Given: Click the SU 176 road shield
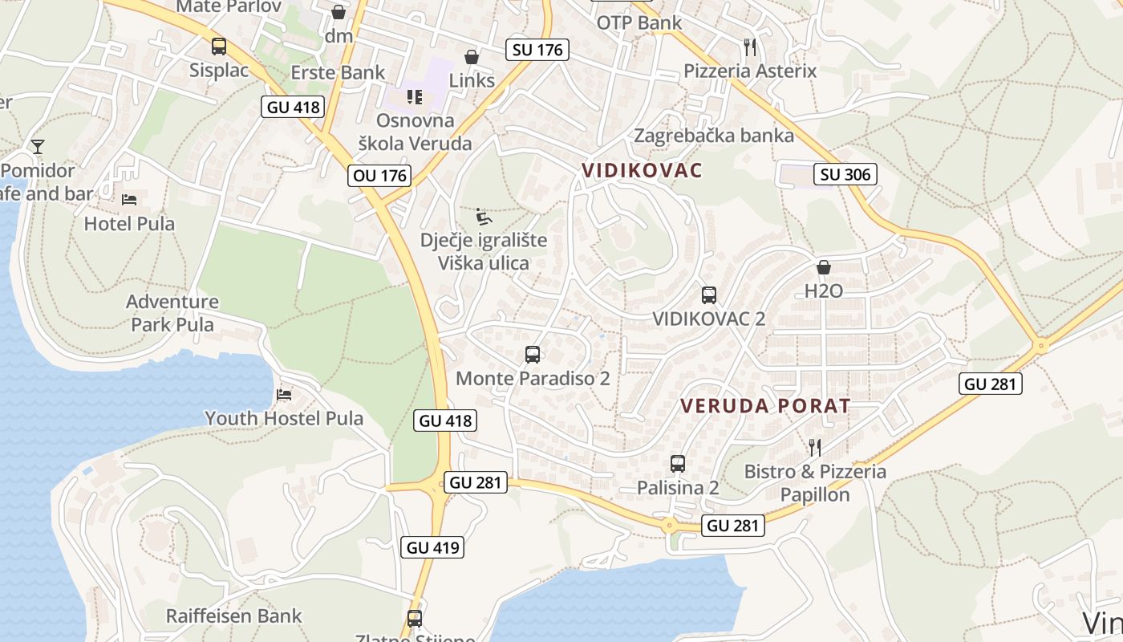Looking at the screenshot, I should (538, 50).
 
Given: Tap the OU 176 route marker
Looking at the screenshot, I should (380, 176).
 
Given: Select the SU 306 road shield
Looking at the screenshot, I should (845, 174).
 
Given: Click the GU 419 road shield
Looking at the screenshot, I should (432, 548).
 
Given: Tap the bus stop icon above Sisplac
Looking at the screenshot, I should (218, 47).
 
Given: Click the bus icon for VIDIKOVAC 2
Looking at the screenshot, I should (708, 295).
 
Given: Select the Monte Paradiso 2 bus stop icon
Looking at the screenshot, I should (532, 355).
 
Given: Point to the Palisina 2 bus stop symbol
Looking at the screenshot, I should (678, 464).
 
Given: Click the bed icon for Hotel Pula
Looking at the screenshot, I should (129, 199).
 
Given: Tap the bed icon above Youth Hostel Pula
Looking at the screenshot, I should (283, 394).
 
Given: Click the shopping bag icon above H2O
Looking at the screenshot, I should (823, 267).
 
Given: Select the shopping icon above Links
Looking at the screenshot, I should (471, 57).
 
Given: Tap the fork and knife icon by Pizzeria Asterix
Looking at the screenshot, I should (750, 47).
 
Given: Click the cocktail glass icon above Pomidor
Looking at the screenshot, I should (37, 146).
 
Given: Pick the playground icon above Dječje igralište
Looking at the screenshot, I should (483, 217).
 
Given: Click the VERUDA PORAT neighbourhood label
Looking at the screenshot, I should (764, 406).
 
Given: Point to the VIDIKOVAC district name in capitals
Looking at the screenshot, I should (642, 170).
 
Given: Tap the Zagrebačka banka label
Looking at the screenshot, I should (713, 136).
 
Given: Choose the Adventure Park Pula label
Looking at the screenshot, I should (172, 313).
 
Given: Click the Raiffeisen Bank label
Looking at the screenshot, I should (233, 616).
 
